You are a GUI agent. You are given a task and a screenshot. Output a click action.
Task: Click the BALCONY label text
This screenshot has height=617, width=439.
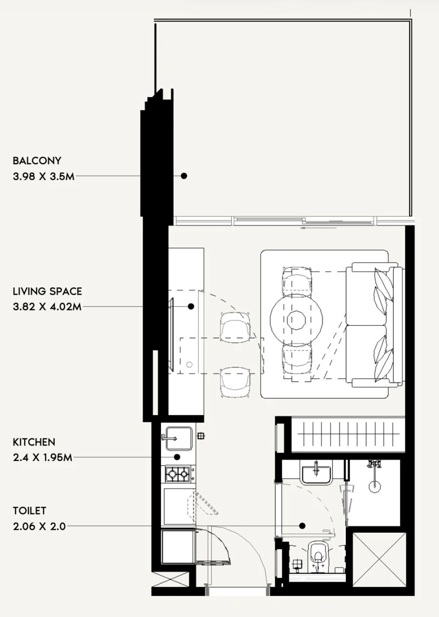pyautogui.click(x=37, y=160)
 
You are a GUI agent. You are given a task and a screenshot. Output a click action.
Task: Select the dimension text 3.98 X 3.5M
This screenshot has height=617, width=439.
pyautogui.click(x=44, y=176)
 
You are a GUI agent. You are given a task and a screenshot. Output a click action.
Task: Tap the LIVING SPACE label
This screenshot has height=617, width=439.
pyautogui.click(x=47, y=291)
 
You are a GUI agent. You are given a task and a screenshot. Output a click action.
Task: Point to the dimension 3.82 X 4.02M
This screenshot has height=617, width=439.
pyautogui.click(x=47, y=307)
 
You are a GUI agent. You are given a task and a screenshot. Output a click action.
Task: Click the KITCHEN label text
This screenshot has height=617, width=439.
pyautogui.click(x=34, y=442)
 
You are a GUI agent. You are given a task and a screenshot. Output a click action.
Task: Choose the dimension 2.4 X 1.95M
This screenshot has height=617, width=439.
pyautogui.click(x=42, y=458)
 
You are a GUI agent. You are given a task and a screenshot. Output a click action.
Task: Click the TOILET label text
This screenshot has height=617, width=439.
pyautogui.click(x=30, y=511)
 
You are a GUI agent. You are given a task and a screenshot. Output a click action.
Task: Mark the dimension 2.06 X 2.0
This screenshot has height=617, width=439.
pyautogui.click(x=39, y=526)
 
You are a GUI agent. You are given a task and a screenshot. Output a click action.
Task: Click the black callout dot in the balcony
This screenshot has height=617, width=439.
pyautogui.click(x=184, y=176)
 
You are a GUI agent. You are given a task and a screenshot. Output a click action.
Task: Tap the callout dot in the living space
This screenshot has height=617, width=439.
pyautogui.click(x=191, y=307)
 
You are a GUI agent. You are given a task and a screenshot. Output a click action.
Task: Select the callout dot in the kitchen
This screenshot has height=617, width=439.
pyautogui.click(x=177, y=457)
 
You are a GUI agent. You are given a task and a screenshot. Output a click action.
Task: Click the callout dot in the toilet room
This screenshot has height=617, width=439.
pyautogui.click(x=302, y=526)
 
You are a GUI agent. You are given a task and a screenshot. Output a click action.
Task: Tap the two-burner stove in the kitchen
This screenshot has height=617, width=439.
pyautogui.click(x=178, y=472)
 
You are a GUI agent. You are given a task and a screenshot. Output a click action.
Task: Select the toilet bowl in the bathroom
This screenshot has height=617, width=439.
pyautogui.click(x=318, y=554)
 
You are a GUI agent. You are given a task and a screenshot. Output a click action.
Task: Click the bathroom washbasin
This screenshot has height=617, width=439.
pyautogui.click(x=316, y=473)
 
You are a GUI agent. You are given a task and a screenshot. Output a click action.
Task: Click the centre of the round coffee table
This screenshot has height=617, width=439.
pyautogui.click(x=296, y=320)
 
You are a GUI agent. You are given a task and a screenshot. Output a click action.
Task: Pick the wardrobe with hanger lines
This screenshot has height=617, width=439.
pyautogui.click(x=348, y=434)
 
